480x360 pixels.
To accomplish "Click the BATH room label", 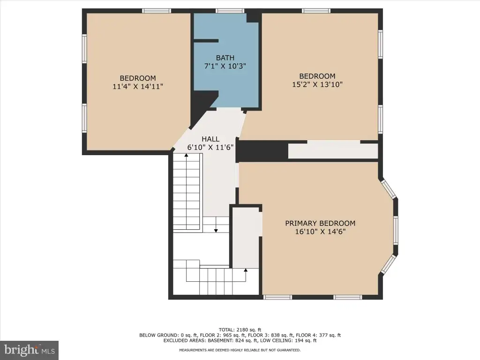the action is coord(225,58).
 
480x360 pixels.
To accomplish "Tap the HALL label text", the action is coord(210,139).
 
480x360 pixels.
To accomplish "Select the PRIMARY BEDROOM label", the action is coord(320,224).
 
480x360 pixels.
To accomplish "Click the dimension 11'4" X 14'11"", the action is coord(138,87).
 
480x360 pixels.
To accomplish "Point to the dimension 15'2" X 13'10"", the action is coord(317,84).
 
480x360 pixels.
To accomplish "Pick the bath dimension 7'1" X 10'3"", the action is coord(225,66).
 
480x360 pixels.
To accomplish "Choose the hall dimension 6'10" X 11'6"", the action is coord(210,147).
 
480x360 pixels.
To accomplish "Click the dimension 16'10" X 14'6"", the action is coord(320,232).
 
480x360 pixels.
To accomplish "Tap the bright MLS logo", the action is coord(30,350).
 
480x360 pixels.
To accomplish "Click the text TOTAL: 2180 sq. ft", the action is coord(240,330).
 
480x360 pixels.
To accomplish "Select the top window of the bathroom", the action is coord(230,11).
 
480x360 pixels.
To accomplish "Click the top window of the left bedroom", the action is coord(157,11).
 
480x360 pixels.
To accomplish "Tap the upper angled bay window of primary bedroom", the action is coord(389,189).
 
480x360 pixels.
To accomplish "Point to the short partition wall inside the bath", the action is coord(206,41).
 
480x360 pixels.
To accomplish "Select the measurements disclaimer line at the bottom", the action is coord(240,350).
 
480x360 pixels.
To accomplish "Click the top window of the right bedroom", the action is coord(316,11).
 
